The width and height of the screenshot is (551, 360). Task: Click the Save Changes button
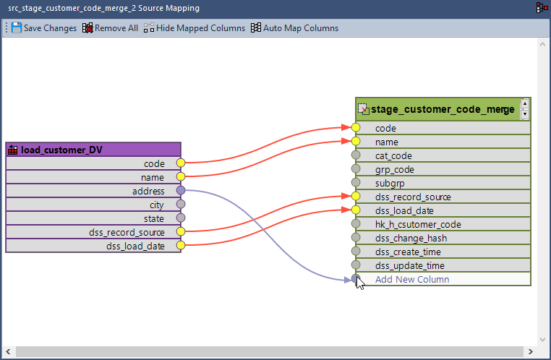44,28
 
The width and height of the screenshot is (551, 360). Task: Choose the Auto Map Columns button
294,28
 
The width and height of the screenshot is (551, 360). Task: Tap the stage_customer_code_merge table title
442,109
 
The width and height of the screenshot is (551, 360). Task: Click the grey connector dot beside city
181,205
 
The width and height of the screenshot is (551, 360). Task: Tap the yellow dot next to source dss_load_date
181,246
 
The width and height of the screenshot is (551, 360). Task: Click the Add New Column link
412,279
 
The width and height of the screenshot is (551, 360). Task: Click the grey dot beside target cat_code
356,155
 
